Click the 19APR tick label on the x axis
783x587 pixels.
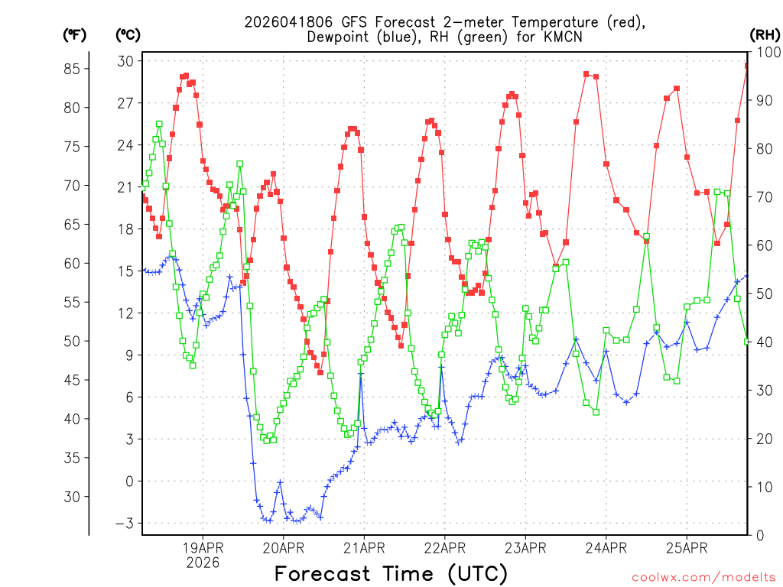click(x=203, y=548)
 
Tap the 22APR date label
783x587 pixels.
click(x=444, y=548)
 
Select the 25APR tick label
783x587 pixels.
click(x=686, y=548)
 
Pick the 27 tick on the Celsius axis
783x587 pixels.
click(x=125, y=103)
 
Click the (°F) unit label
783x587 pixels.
click(x=74, y=34)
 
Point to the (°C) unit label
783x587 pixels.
click(x=128, y=34)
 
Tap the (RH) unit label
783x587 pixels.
click(x=764, y=34)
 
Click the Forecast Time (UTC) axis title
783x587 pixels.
click(x=391, y=573)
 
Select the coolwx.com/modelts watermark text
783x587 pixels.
click(x=703, y=578)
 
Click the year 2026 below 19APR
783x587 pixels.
click(x=203, y=563)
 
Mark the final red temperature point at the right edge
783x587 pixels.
click(x=747, y=66)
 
